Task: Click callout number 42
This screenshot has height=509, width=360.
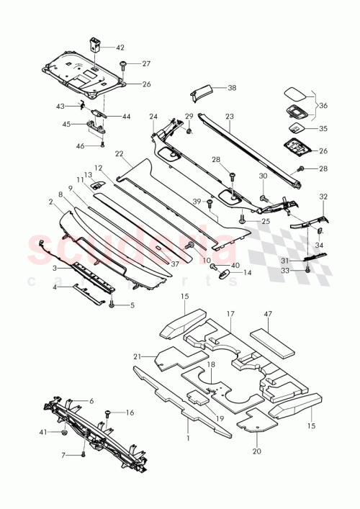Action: click(120, 47)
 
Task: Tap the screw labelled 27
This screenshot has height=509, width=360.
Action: click(124, 65)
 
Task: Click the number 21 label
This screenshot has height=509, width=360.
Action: click(137, 356)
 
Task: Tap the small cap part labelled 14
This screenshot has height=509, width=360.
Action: click(225, 274)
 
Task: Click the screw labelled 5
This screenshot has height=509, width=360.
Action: click(113, 305)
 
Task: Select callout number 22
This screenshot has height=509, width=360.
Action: click(118, 153)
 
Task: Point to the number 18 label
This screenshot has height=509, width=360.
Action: click(211, 366)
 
